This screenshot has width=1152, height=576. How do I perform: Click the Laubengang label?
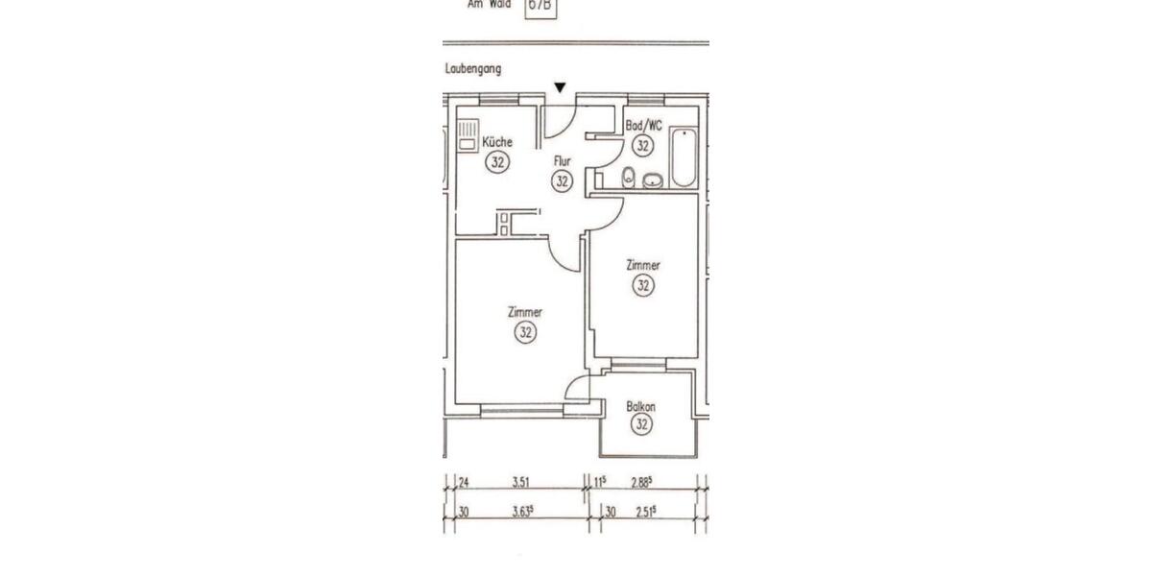[473, 69]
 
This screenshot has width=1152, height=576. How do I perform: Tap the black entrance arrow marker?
[560, 88]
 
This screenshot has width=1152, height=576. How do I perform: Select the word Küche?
[496, 142]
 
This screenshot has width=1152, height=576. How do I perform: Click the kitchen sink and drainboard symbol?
[467, 136]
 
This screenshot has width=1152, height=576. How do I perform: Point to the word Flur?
[562, 161]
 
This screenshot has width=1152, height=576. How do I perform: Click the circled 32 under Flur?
[563, 180]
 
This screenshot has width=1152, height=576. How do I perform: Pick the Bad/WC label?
[643, 126]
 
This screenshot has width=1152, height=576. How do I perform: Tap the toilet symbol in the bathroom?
[628, 176]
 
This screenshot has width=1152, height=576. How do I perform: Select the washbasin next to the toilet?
[653, 180]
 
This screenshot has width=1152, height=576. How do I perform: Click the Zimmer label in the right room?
[642, 265]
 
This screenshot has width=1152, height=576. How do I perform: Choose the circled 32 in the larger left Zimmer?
[525, 332]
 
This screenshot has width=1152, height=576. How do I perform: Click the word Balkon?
[641, 406]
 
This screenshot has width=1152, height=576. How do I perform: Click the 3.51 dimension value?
[521, 484]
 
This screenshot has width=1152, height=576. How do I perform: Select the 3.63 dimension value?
[522, 514]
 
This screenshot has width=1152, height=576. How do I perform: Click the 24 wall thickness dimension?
[462, 484]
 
